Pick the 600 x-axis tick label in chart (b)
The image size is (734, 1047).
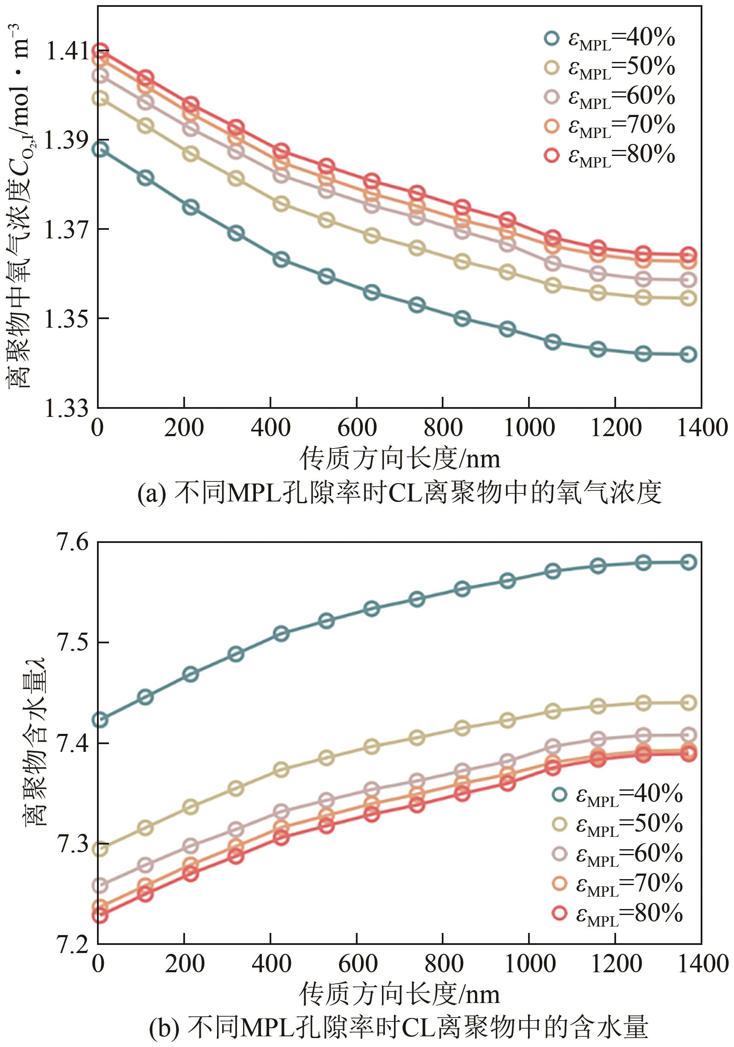357,965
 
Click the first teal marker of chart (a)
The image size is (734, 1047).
100,149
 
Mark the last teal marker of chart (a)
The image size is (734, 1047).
688,354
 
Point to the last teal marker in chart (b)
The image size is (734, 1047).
688,562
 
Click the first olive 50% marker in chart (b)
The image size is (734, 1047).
100,849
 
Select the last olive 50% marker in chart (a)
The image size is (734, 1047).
688,299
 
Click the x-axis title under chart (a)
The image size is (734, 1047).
399,459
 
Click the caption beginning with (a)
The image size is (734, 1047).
399,493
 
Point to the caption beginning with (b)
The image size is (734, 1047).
399,1028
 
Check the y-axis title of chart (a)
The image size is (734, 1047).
19,205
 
